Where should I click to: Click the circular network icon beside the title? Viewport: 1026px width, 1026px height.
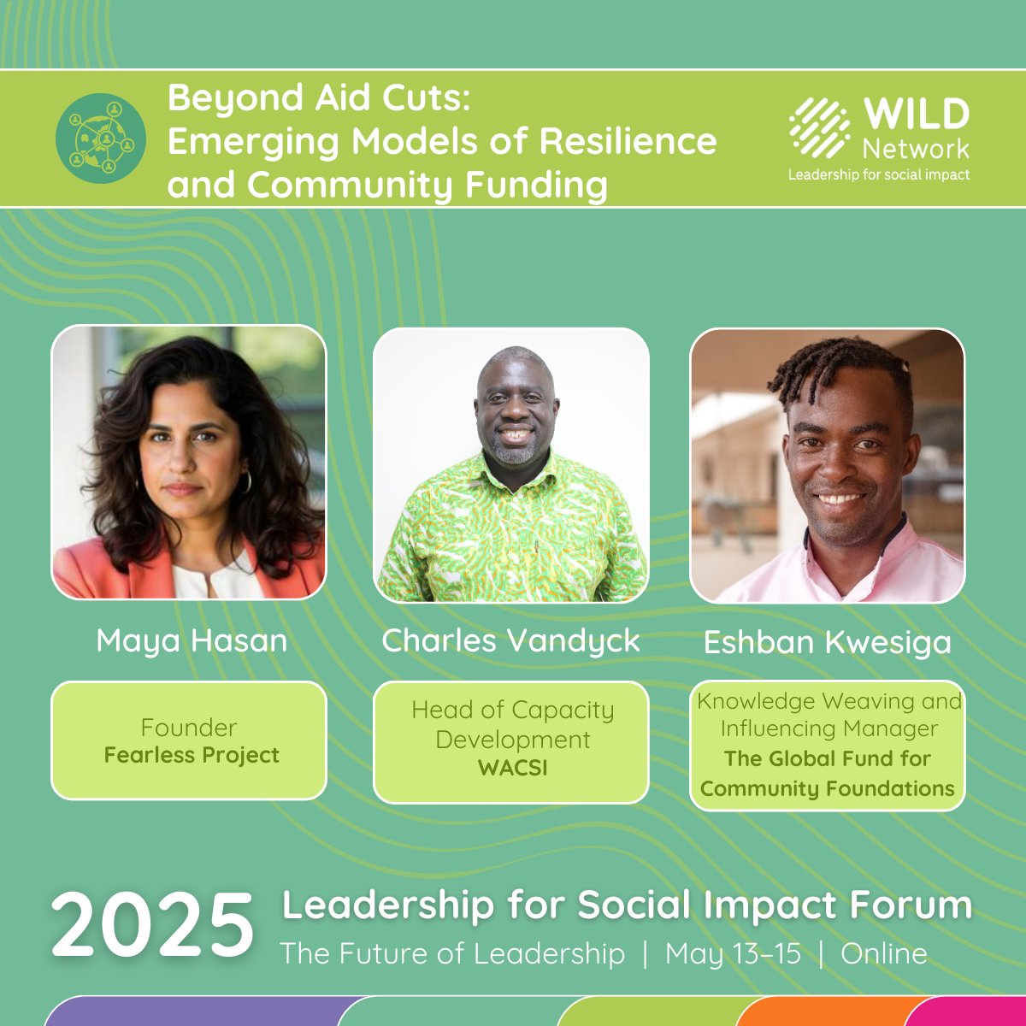click(x=101, y=139)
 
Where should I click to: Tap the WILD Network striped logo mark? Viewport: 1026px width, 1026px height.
click(x=819, y=128)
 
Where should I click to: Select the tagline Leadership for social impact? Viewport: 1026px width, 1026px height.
click(x=879, y=174)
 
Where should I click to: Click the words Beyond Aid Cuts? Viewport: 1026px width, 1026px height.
click(x=319, y=98)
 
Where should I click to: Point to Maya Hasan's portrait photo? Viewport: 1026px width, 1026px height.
click(x=189, y=462)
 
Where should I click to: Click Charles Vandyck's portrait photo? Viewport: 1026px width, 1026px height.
click(x=511, y=465)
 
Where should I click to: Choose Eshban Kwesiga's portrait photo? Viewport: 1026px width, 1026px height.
click(x=827, y=466)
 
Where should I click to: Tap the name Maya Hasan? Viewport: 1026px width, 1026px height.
click(x=192, y=640)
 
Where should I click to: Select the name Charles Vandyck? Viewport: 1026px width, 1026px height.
click(x=510, y=640)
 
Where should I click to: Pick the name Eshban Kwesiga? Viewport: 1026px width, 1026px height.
click(x=827, y=643)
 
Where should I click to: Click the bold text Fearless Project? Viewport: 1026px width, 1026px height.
click(x=192, y=756)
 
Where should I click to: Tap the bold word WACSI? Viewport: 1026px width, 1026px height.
click(x=512, y=768)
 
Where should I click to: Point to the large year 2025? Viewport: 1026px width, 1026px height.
click(x=153, y=925)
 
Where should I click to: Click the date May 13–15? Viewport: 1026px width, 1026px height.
click(x=733, y=954)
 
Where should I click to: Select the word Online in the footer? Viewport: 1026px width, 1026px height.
click(x=884, y=954)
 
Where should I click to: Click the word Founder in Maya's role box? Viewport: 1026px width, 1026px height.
click(x=189, y=728)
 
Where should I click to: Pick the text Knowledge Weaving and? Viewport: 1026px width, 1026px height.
click(x=828, y=702)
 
